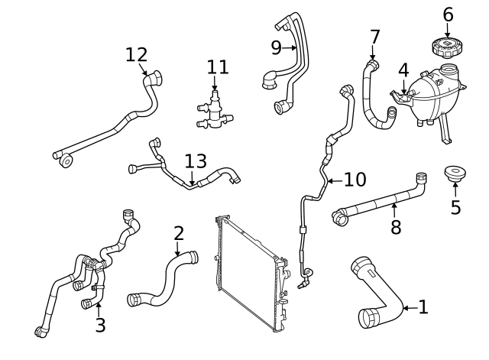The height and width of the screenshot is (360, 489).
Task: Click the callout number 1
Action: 423,307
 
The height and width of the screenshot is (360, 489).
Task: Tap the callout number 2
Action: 178,233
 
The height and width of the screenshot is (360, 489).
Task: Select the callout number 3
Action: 100,325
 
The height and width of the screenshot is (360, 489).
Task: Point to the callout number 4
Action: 403,71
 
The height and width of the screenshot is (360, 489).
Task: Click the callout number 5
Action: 455,207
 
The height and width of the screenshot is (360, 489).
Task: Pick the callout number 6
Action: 448,15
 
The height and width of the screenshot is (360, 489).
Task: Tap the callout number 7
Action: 374,36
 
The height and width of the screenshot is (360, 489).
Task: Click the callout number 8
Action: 396,227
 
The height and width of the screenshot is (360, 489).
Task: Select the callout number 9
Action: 277,47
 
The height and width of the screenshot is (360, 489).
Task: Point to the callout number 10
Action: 355,180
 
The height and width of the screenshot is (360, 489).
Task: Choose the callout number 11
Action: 216,66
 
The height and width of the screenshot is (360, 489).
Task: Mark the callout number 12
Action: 137,54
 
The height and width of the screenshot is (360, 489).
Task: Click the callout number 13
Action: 196,161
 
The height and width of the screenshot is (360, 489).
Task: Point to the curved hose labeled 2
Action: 164,279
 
